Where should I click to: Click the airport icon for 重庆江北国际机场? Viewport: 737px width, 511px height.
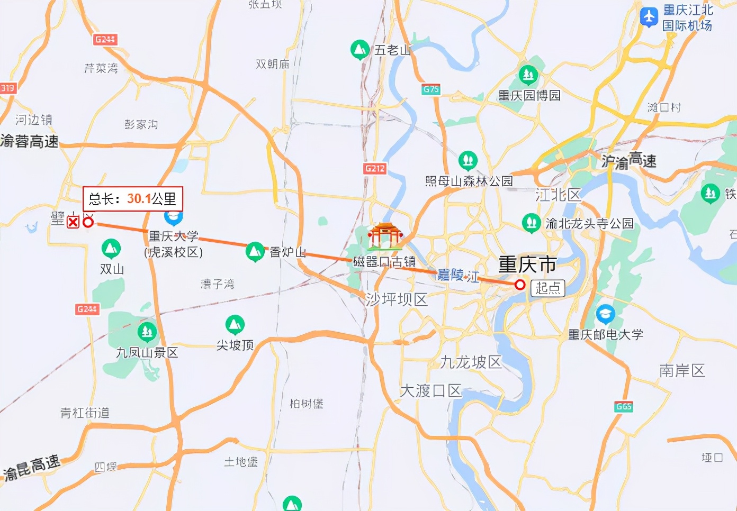649,16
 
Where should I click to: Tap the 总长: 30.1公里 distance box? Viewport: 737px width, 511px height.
132,199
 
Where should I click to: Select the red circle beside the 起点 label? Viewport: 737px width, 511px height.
520,285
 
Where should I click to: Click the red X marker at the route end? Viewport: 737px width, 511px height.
73,222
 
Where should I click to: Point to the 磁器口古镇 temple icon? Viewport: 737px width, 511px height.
385,236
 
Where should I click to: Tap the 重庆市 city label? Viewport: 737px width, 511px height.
527,264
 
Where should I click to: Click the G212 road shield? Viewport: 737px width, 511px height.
375,168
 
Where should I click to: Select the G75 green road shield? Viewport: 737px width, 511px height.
431,89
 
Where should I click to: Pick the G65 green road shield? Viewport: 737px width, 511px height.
624,406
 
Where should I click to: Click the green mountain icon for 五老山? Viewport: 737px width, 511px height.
360,50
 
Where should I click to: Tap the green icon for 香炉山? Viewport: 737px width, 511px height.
255,252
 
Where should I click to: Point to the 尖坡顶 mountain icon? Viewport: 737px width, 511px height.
235,324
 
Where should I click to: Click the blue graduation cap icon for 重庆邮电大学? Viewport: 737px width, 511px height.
605,314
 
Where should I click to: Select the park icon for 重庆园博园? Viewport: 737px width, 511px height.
528,75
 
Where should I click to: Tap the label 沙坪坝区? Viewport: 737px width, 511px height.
397,299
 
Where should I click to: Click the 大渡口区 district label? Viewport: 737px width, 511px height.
431,391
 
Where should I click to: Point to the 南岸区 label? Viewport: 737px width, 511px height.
682,370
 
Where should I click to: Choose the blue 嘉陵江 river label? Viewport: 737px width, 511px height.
458,275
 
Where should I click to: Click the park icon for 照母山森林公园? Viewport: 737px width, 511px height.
468,159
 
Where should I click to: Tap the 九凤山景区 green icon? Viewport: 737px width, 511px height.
147,332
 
